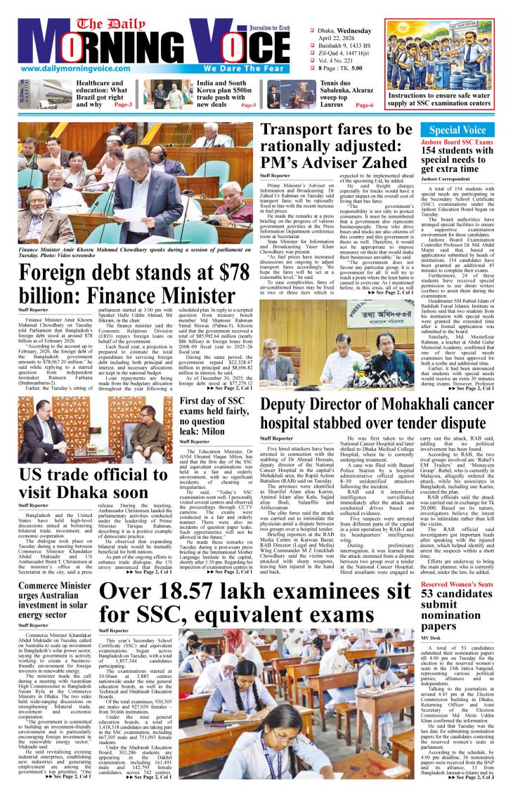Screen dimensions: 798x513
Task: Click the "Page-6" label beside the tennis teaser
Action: coord(365,105)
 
